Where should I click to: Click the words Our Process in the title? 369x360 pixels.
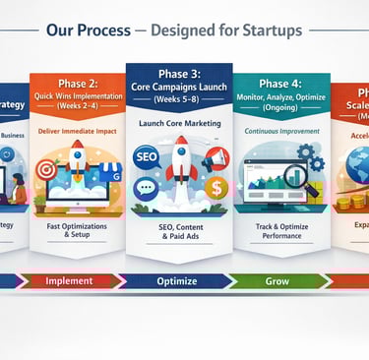click(88, 30)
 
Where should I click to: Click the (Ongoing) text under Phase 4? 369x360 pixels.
click(280, 110)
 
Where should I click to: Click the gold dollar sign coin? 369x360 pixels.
click(214, 188)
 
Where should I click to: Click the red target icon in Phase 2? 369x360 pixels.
click(45, 170)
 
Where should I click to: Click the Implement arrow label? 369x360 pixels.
click(69, 280)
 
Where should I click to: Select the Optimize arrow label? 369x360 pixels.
click(178, 280)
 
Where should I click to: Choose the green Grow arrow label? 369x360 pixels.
click(278, 280)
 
